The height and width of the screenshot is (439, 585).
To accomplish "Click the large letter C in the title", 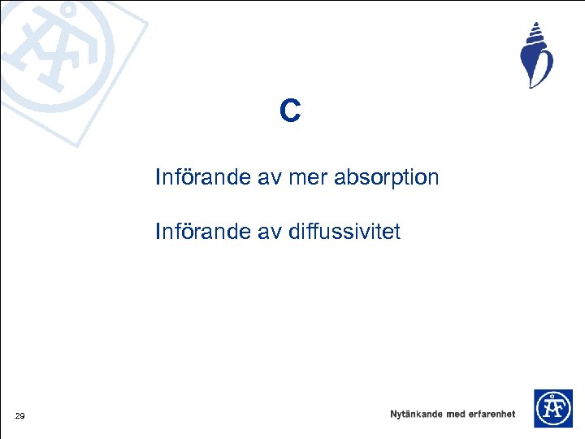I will pos(290,111).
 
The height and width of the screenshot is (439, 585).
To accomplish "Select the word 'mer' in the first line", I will pos(313,177).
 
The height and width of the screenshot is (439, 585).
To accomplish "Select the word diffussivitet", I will pos(344,233).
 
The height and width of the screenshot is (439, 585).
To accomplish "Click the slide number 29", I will pos(19,417).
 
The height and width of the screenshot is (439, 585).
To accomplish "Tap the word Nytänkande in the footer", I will pos(416,414).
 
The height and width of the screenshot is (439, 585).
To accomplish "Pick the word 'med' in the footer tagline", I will pos(456,414).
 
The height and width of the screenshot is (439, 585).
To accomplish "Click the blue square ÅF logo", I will pos(552,408).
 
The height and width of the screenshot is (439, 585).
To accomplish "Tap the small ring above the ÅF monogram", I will pos(552,396).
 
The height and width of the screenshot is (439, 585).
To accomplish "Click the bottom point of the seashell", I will pos(531,87).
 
